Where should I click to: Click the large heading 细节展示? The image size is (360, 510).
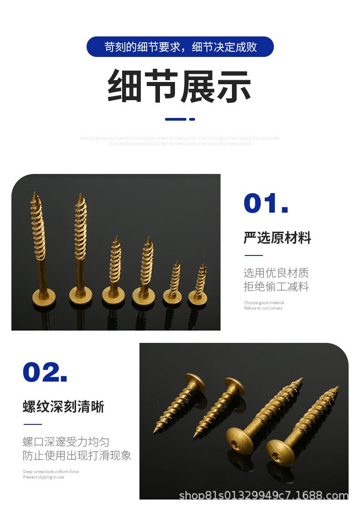pos(180,86)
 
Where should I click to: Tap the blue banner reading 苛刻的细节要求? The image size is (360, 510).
pos(180,47)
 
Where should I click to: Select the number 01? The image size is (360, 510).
pos(266,204)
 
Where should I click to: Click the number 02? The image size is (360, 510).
pos(45,372)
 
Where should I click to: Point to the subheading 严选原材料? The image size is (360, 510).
pos(277,238)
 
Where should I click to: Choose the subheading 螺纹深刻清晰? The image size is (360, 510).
pos(63,407)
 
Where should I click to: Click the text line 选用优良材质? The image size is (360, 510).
pos(276,273)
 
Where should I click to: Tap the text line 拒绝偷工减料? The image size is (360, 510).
pos(276,287)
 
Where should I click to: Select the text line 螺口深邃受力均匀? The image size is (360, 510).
pos(66,442)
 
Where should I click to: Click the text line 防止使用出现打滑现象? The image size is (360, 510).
pos(77,455)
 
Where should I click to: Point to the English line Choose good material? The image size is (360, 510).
pos(264,303)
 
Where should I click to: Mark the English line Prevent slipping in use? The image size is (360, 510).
pos(44,477)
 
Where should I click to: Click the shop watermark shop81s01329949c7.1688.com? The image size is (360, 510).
pos(263,495)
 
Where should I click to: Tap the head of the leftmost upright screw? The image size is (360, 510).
pos(43,294)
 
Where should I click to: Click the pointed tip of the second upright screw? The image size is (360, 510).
pos(81,195)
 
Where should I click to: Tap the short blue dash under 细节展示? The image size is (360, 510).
pos(192,119)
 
